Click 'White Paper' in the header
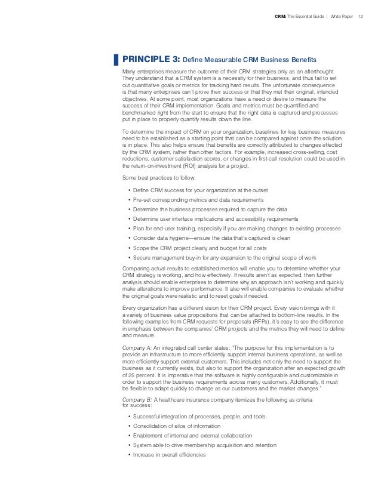coord(340,16)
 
